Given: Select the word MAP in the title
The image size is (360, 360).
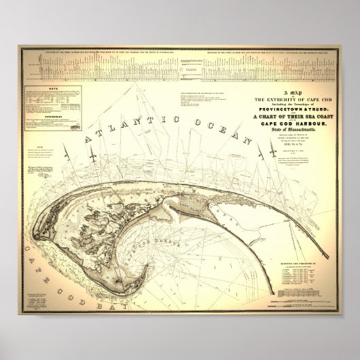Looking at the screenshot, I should coord(278,94).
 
